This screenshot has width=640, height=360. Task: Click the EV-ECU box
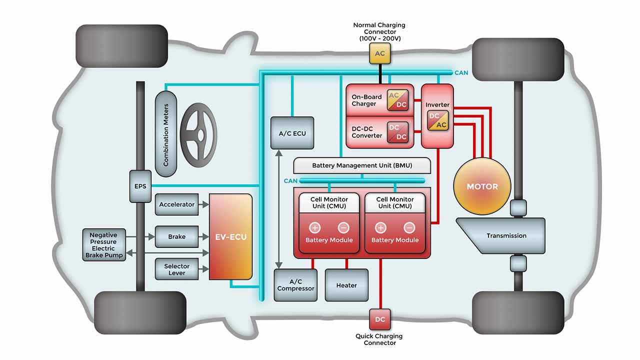[x=230, y=236]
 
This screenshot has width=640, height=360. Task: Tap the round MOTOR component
[x=482, y=186]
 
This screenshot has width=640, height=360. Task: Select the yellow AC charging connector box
[x=380, y=53]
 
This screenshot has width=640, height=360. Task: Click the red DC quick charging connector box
[x=380, y=319]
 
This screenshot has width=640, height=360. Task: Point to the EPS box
[x=140, y=186]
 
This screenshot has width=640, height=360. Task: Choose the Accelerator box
[x=176, y=204]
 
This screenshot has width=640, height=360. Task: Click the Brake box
[x=176, y=236]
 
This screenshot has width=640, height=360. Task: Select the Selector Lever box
[x=176, y=269]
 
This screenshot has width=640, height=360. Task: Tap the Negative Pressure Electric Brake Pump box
[x=103, y=245]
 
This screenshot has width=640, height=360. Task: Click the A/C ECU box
[x=292, y=133]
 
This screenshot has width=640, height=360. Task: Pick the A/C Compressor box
[x=295, y=285]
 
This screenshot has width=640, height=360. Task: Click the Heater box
[x=346, y=285]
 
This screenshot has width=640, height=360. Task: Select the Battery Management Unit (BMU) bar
[x=362, y=165]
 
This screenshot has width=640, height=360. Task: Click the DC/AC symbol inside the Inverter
[x=437, y=120]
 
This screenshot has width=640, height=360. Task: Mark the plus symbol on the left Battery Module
[x=315, y=228]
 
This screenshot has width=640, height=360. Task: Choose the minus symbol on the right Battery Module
[x=409, y=228]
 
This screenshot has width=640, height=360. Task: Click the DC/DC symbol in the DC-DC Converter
[x=397, y=132]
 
